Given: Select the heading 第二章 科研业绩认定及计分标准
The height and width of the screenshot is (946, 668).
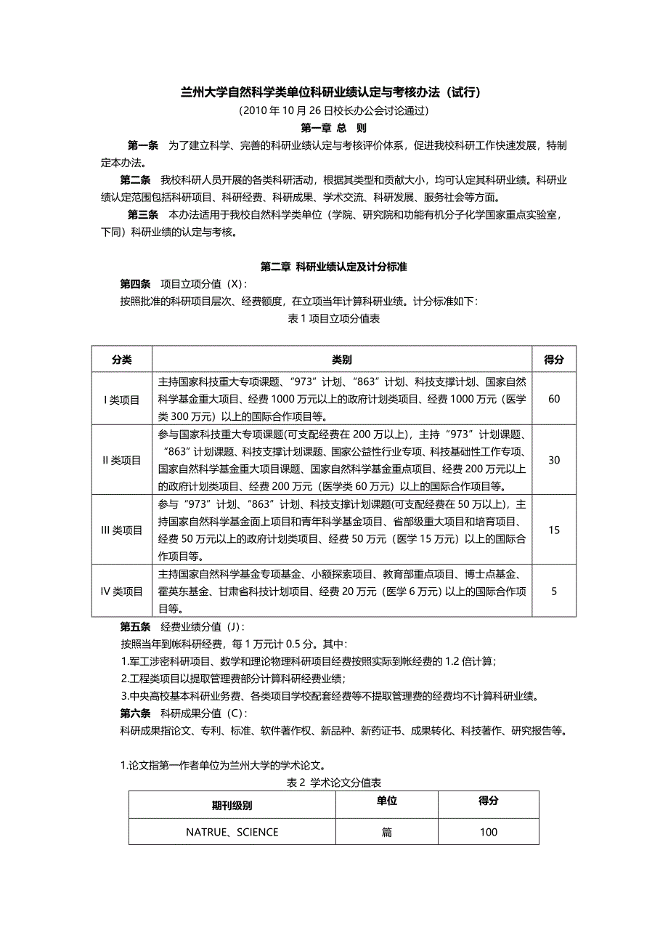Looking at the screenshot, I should (x=334, y=267).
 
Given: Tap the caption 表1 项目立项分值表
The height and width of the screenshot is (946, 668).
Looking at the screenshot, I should (x=334, y=318).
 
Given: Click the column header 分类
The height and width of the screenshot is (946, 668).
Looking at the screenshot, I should (x=121, y=359).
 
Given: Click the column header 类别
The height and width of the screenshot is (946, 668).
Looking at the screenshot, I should (x=342, y=359).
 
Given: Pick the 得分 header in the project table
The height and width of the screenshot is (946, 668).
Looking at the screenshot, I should (x=554, y=359).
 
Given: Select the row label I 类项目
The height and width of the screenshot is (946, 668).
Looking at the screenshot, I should (x=121, y=399).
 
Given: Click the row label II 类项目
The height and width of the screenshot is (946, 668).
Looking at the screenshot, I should (x=121, y=460).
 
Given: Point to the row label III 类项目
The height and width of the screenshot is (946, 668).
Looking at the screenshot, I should (x=121, y=530).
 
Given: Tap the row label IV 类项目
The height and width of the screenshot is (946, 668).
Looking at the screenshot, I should (x=121, y=591).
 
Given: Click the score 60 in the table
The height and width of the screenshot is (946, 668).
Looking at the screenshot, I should (x=554, y=399).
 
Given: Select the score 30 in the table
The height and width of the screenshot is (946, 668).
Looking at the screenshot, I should (x=554, y=460).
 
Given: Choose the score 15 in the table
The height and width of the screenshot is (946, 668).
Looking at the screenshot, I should (x=554, y=530).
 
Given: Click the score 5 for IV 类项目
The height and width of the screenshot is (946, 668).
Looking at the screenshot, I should (x=554, y=591).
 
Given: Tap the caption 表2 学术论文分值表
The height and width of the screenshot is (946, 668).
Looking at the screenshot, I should (x=334, y=783).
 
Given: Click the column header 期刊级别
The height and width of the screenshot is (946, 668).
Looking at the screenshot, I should (x=232, y=806).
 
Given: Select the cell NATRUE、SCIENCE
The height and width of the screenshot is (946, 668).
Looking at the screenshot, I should (x=232, y=832).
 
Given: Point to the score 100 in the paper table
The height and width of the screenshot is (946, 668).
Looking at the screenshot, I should (x=489, y=832).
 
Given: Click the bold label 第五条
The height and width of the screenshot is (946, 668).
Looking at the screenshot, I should (x=135, y=626).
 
